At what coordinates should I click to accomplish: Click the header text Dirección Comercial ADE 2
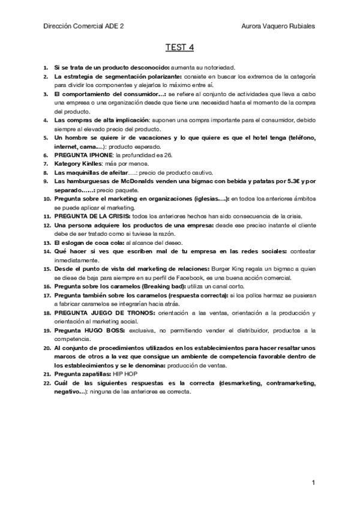(x=86, y=26)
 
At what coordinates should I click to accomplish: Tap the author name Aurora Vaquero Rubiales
(x=278, y=26)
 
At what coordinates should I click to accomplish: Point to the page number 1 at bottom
(x=313, y=482)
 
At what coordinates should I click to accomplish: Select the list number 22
(x=47, y=382)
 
